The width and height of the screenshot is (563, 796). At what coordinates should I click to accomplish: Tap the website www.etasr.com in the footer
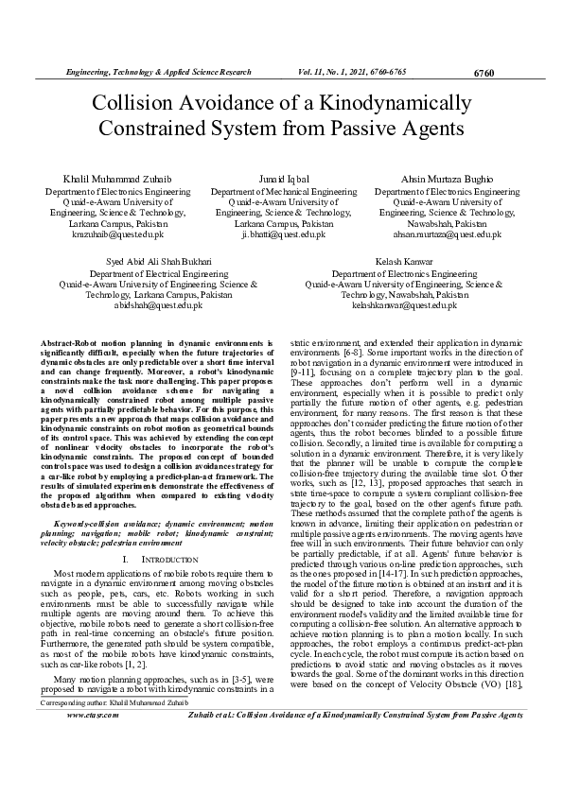(93, 769)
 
